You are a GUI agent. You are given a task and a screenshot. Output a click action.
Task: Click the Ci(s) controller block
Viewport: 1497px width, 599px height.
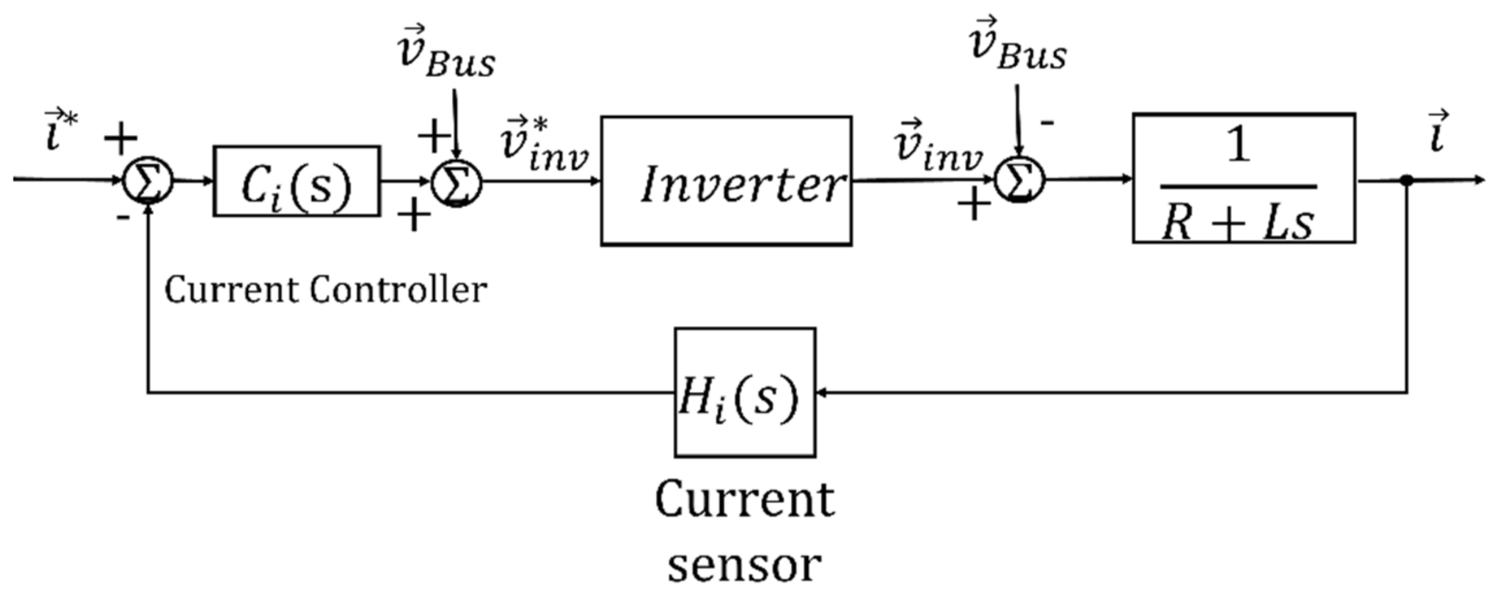(x=297, y=181)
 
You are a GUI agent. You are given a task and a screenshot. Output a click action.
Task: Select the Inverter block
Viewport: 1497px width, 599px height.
(x=726, y=181)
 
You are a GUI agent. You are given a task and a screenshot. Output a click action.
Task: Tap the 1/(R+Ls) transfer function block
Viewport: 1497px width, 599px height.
(x=1243, y=179)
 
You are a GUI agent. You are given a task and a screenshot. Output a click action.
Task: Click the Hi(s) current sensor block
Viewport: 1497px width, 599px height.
(x=744, y=393)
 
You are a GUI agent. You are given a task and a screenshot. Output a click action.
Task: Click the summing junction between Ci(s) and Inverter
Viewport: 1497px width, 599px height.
(x=457, y=183)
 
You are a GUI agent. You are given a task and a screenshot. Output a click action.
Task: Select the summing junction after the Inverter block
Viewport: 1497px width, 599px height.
(x=1020, y=180)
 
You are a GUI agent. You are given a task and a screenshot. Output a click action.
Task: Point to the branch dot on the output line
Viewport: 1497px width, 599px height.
(x=1407, y=180)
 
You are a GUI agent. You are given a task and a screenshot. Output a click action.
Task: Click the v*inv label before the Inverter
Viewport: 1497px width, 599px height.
(x=543, y=145)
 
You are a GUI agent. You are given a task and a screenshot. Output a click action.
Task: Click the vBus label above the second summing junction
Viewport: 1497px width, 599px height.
(x=447, y=54)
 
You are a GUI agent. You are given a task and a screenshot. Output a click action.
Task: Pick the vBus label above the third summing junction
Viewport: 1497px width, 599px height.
(x=1018, y=47)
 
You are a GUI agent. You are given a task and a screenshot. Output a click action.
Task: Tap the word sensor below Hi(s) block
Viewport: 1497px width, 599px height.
(x=744, y=564)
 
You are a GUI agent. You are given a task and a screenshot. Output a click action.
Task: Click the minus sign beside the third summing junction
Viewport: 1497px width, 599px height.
(x=1047, y=123)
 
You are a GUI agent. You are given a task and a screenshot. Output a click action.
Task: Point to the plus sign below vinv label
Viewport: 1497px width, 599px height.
(x=974, y=205)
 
